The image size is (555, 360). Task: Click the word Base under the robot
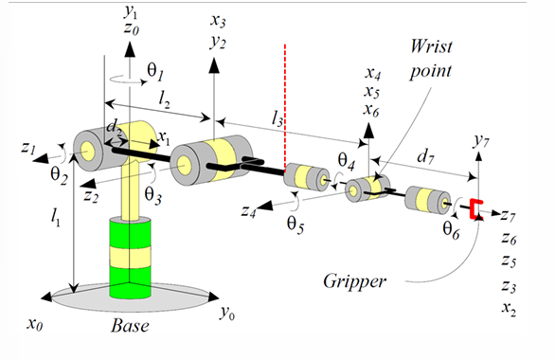point(130,326)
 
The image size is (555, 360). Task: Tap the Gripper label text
point(354,281)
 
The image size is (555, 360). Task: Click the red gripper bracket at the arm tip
point(476,208)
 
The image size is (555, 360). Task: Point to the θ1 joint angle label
point(155,72)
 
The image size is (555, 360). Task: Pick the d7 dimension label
point(425,155)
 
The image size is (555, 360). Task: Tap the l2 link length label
point(164,99)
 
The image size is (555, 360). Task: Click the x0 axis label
point(35,324)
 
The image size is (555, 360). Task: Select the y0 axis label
point(227,313)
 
